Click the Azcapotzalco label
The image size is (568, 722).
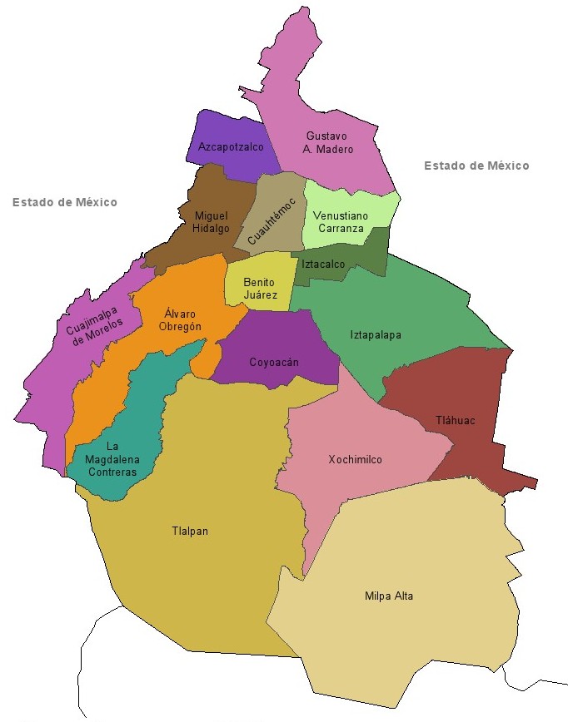pyautogui.click(x=231, y=147)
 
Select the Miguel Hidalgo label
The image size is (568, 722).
pyautogui.click(x=211, y=222)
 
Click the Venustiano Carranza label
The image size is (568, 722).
pyautogui.click(x=338, y=221)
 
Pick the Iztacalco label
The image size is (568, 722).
pyautogui.click(x=323, y=264)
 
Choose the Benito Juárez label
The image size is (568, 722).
pyautogui.click(x=259, y=288)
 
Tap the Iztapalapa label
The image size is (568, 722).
pyautogui.click(x=376, y=335)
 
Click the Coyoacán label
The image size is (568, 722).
pyautogui.click(x=274, y=363)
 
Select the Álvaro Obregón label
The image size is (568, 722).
pyautogui.click(x=182, y=320)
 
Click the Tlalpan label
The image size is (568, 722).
pyautogui.click(x=190, y=532)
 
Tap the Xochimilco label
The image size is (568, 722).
pyautogui.click(x=355, y=460)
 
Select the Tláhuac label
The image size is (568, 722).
pyautogui.click(x=456, y=421)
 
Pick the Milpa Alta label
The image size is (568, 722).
pyautogui.click(x=389, y=596)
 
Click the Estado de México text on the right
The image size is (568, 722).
pyautogui.click(x=476, y=166)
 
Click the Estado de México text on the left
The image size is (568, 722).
pyautogui.click(x=65, y=202)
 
